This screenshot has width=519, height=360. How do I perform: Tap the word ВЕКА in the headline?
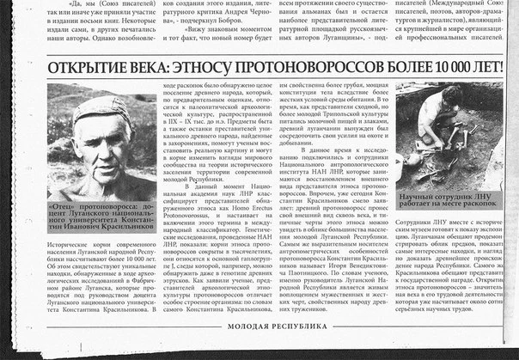[x=149, y=70]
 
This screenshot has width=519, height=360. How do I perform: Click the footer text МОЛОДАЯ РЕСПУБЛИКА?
[x=278, y=351]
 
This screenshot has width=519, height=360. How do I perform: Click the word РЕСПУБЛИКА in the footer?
[x=302, y=351]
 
